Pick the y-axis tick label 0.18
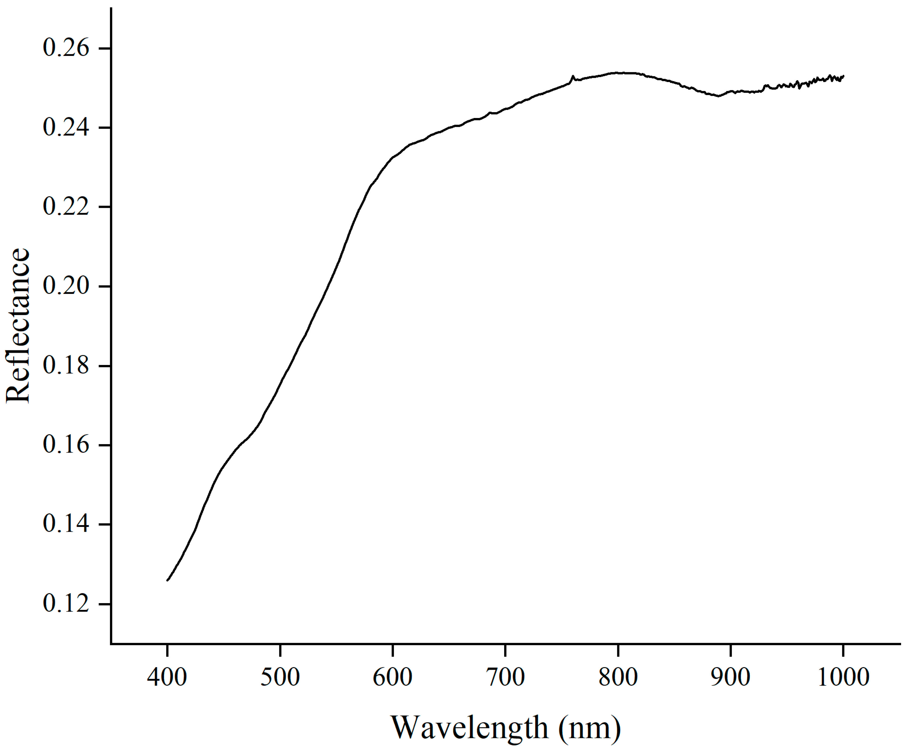click(x=66, y=365)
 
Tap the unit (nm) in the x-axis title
click(x=589, y=728)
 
